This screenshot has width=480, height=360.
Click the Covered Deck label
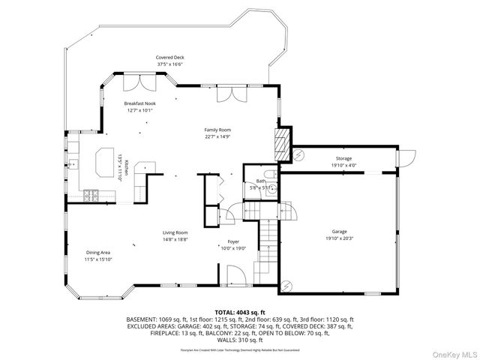point(169,58)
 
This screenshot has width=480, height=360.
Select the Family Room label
point(217,130)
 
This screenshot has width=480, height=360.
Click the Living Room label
point(175,232)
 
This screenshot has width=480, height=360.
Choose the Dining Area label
point(98,253)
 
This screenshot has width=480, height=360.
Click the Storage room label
point(343,159)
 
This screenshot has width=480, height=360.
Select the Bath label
point(260,181)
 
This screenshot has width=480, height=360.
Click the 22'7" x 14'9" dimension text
point(217,136)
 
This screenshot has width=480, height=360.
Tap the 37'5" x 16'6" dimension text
point(169,64)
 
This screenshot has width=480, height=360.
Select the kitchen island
point(104,160)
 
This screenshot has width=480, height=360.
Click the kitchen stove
point(91,196)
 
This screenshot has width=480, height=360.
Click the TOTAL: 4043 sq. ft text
point(240,311)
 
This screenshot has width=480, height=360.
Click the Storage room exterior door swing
point(407,158)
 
